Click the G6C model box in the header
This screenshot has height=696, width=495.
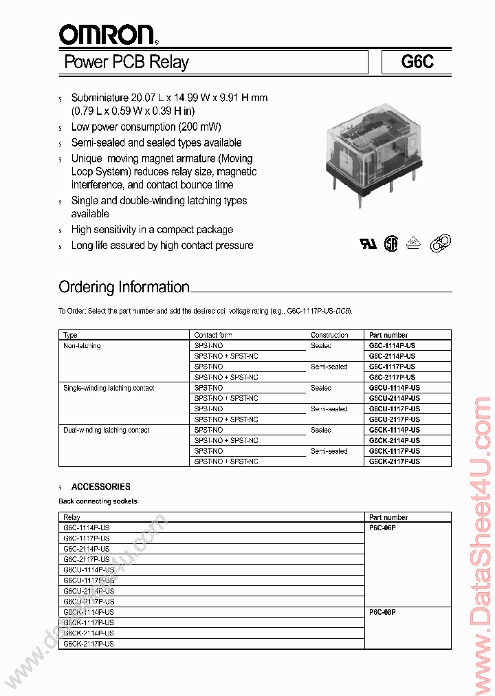417,62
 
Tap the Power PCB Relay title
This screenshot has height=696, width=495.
126,62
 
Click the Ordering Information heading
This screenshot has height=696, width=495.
124,287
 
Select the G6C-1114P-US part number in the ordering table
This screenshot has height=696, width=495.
392,346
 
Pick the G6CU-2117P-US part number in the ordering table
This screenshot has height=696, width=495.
394,420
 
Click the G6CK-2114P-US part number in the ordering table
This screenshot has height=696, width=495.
394,440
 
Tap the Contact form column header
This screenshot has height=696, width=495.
213,335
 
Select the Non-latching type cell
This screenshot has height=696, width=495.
82,346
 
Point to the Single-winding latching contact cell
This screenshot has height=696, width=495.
109,388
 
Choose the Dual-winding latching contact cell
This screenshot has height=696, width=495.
106,430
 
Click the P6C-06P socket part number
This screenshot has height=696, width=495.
383,528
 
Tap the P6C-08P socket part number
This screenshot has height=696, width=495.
383,611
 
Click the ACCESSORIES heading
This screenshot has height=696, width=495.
100,486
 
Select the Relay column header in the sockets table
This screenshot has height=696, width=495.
71,517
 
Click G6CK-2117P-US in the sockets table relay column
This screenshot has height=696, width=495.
89,644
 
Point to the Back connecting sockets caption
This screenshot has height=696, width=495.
98,501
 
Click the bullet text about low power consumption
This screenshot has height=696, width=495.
146,127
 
